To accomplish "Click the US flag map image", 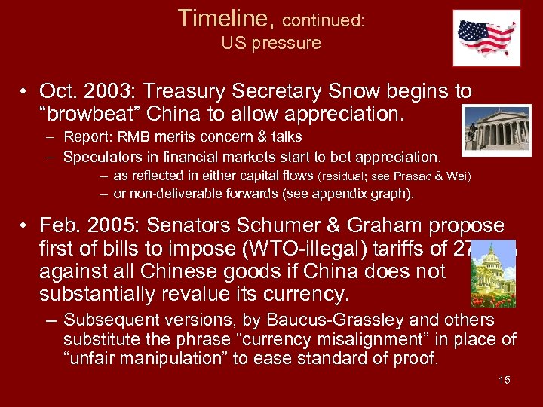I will click(486, 38).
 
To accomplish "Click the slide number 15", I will click(504, 380).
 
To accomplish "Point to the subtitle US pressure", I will click(271, 43).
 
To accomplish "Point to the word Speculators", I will click(102, 157).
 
